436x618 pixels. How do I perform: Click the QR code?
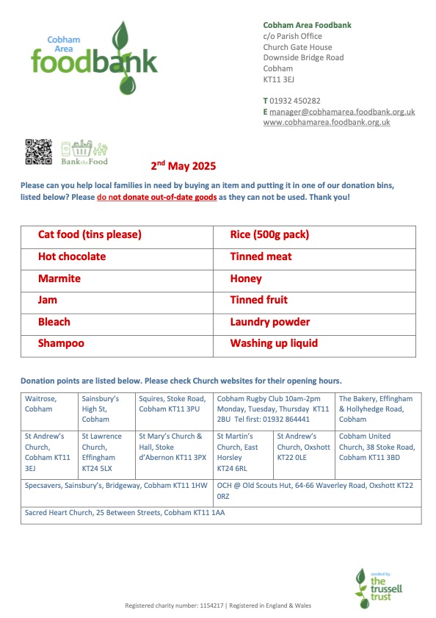[39, 152]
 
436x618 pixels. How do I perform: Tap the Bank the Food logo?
[84, 152]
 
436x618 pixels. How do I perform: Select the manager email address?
[342, 112]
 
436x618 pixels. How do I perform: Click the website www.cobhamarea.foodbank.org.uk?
[327, 122]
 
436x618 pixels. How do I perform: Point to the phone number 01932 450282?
[295, 101]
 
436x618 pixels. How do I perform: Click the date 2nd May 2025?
[184, 166]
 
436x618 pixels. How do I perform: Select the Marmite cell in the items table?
[59, 279]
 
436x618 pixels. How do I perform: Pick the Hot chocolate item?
[72, 257]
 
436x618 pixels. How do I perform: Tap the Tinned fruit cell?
[258, 301]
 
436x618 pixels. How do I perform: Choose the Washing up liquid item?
[274, 344]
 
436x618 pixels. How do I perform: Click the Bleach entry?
[54, 323]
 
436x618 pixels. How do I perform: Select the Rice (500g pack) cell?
[269, 236]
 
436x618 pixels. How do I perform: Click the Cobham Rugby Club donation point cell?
[273, 409]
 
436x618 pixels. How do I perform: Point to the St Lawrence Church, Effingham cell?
[106, 451]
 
